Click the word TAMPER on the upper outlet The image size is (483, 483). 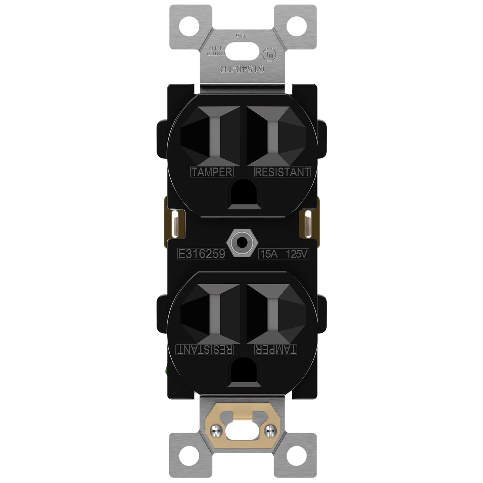[212, 172]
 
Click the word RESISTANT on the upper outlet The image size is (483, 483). [282, 172]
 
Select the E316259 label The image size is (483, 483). [202, 254]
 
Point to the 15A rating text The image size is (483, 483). [269, 254]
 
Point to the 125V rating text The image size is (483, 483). [297, 254]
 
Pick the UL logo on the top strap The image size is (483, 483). [270, 55]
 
